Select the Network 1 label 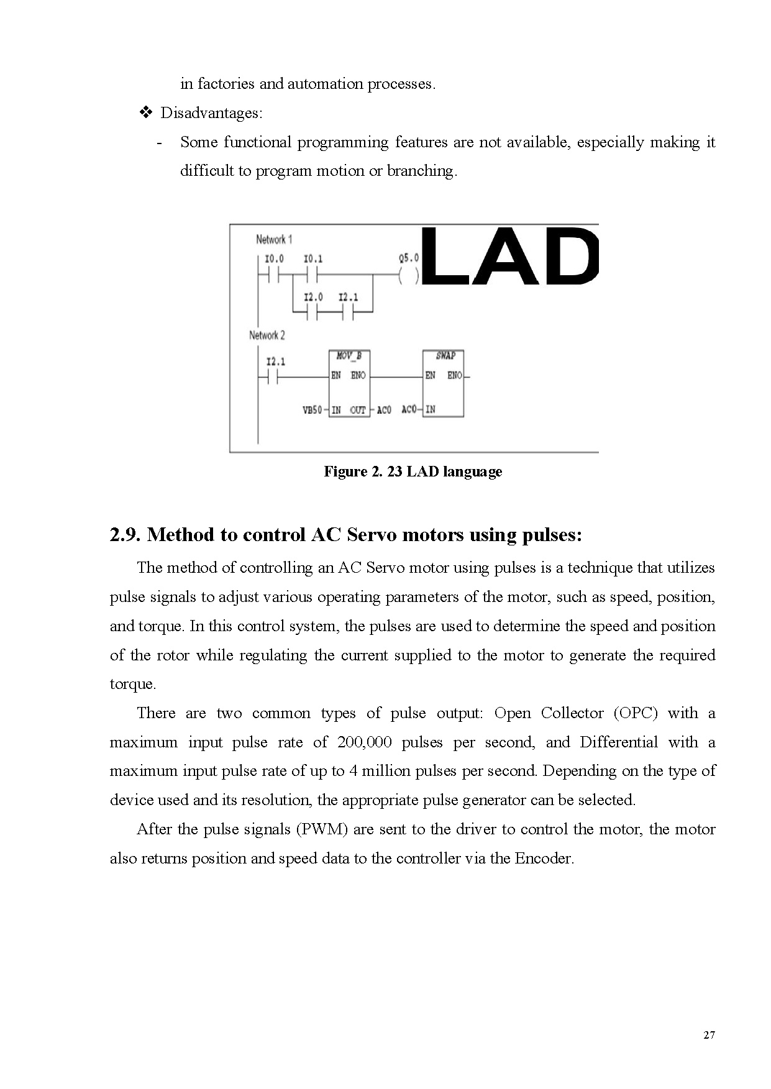[274, 239]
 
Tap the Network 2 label [267, 335]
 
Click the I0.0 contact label [274, 258]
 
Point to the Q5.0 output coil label [409, 258]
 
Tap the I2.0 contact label [313, 298]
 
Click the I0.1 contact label [313, 258]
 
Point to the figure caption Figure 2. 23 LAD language [413, 472]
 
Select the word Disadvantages [211, 113]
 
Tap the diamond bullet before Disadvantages [147, 113]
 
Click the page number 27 [709, 1035]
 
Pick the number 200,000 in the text [365, 742]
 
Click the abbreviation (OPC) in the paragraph [636, 713]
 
